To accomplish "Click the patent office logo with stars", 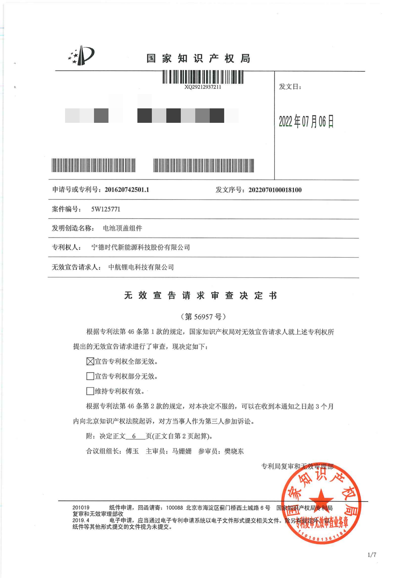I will point(81,55).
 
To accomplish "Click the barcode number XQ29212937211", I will point(202,87).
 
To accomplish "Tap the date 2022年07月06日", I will point(306,121).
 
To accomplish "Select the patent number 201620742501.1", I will point(127,190).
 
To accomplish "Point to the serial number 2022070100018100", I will point(275,190).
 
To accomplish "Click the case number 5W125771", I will point(106,209).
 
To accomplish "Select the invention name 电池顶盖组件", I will point(122,228).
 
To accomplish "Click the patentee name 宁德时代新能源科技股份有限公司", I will point(141,247).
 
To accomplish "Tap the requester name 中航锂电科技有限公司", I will point(141,267).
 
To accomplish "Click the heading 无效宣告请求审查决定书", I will point(201,295).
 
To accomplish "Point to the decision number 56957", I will point(203,317).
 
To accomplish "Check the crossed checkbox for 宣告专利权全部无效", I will point(90,361).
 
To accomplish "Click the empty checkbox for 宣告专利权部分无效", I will point(90,376).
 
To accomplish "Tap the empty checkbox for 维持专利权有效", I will point(90,391).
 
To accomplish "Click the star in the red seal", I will point(321,499).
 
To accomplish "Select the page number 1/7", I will point(372,555).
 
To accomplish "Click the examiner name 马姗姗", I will point(182,451).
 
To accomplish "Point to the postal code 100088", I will point(174,508).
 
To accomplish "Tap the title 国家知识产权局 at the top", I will point(198,59).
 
